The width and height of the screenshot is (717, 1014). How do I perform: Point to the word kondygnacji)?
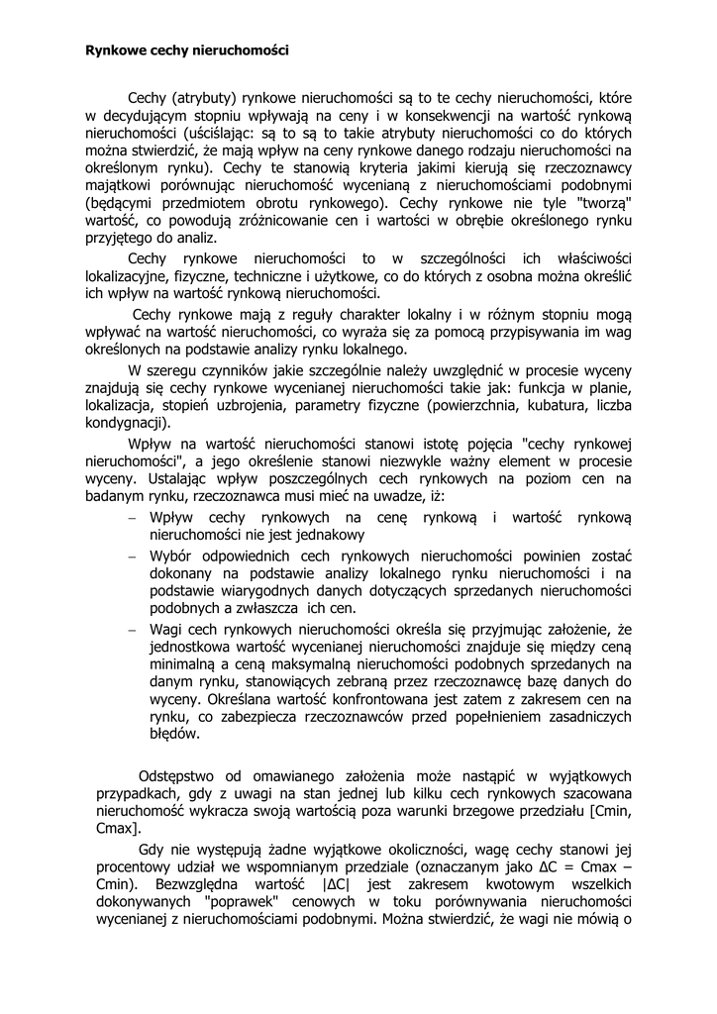[x=128, y=423]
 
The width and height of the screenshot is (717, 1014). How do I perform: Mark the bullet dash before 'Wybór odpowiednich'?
[x=133, y=556]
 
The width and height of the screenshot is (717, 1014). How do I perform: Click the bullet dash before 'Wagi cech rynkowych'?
[x=133, y=629]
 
